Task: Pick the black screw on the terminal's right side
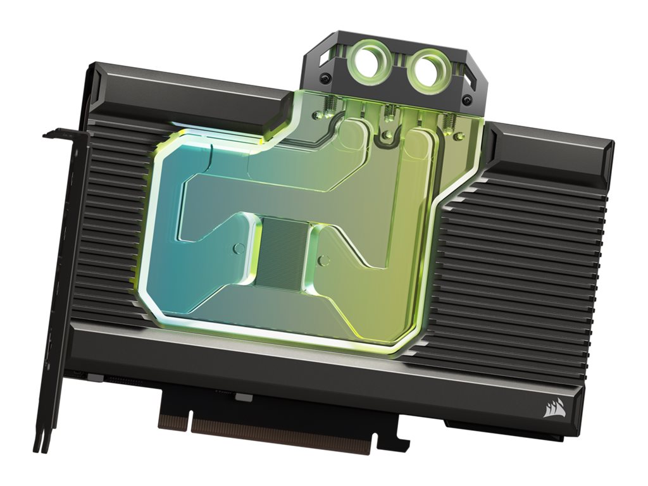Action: tap(466, 99)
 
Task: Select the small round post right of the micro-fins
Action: tap(323, 259)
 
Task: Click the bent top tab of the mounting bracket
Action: tap(60, 134)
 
